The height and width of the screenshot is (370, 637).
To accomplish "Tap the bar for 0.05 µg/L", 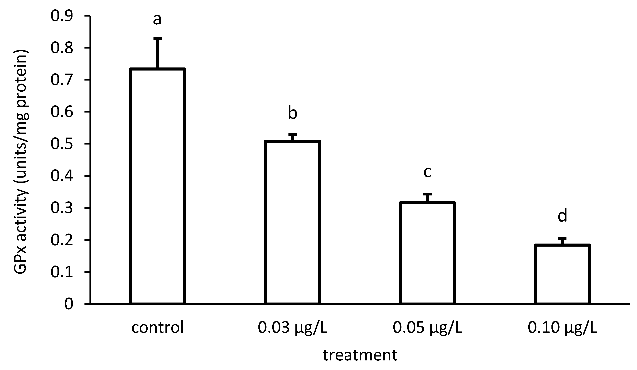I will click(427, 253).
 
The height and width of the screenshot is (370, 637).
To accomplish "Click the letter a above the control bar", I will click(157, 19).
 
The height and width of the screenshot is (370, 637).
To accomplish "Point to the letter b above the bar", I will click(292, 113).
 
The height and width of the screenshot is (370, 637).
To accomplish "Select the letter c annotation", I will click(427, 172).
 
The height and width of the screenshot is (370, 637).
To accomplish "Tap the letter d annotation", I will click(562, 216).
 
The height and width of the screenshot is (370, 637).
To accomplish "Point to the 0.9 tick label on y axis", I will click(62, 16).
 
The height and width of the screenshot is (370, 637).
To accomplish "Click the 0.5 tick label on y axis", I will click(62, 144).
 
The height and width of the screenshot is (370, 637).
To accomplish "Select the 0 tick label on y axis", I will click(69, 304).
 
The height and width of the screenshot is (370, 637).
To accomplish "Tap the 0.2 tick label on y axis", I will click(62, 240).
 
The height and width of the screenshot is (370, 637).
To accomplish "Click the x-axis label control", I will click(157, 328).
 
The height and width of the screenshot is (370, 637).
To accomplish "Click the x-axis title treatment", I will click(360, 355).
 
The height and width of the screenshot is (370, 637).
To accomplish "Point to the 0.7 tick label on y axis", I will click(62, 80).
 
